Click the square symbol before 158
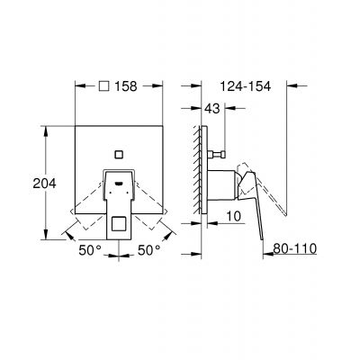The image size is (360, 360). tap(103, 88)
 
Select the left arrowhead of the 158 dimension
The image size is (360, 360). tap(75, 88)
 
